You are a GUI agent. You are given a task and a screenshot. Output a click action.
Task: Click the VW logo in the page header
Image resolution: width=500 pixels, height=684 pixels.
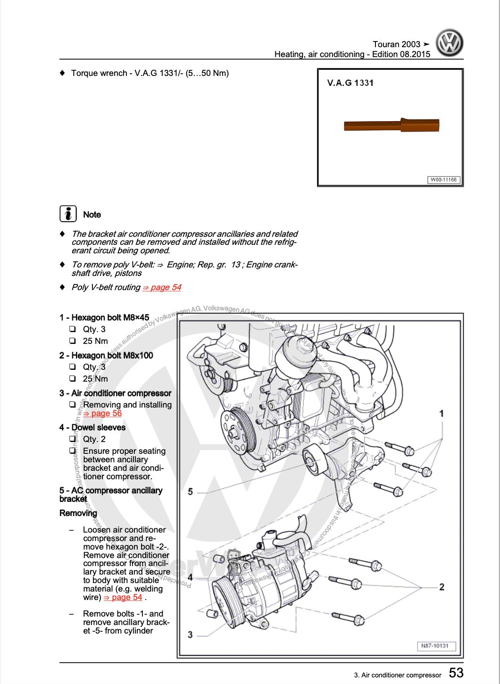pos(449,44)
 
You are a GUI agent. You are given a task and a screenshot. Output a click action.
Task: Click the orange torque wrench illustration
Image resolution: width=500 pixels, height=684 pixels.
pos(392,125)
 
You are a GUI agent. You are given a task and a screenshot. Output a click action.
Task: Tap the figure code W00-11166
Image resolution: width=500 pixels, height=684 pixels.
pos(443,180)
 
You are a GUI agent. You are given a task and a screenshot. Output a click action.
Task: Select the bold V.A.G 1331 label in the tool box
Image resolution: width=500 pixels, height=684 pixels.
pos(350,83)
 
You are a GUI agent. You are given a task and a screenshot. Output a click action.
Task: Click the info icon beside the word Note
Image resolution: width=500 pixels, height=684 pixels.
pos(68,214)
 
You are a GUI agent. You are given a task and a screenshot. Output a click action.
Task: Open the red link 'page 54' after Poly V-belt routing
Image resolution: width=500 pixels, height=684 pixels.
pos(162,287)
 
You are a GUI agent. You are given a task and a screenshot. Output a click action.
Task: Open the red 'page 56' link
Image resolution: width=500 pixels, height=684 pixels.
pos(102,414)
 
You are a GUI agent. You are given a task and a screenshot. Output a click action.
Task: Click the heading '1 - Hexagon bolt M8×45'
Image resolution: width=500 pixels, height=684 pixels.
pos(104,317)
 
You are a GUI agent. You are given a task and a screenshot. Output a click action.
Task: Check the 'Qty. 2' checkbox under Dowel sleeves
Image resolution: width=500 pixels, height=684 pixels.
pos(73,439)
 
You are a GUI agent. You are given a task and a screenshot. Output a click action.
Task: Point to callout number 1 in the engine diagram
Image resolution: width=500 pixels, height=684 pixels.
pos(442,414)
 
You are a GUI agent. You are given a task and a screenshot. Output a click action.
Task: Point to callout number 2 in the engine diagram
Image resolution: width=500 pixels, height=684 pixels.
pos(442,587)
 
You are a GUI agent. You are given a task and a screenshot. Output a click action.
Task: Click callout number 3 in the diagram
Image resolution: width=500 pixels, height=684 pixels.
pos(190,634)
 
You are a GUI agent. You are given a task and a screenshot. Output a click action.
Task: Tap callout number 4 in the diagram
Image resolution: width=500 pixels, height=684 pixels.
pos(190,577)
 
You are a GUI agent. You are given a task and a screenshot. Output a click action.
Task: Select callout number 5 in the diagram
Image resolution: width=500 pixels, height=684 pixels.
pos(190,492)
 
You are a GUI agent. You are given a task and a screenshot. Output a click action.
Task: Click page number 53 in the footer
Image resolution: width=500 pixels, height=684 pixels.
pos(456,672)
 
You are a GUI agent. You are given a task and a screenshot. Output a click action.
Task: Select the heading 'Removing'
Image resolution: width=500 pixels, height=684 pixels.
pos(78,513)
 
